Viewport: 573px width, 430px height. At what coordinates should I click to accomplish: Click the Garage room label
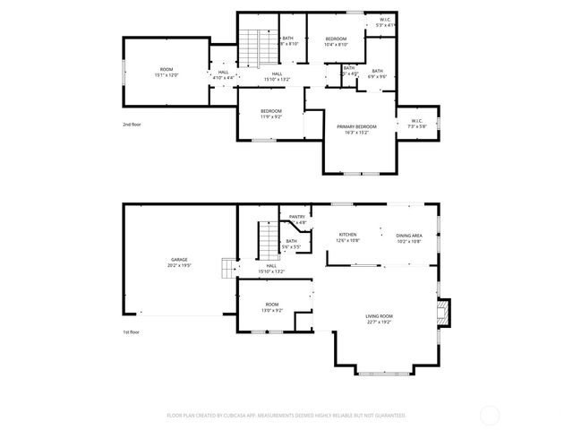(180, 262)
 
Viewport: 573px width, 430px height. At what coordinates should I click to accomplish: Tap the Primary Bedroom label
(356, 126)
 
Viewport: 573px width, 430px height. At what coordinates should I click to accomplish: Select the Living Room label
(379, 316)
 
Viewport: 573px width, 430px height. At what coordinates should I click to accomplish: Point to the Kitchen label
(347, 235)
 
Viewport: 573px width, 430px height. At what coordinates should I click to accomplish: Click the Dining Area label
(409, 235)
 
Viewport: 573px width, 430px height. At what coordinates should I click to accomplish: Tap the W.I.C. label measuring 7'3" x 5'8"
(417, 122)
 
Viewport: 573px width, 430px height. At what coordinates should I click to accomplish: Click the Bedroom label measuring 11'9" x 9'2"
(270, 111)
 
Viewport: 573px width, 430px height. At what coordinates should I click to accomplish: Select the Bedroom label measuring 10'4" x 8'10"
(336, 39)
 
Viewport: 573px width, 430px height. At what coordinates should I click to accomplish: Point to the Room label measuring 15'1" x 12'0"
(167, 70)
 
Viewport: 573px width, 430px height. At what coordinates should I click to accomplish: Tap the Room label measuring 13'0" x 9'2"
(271, 305)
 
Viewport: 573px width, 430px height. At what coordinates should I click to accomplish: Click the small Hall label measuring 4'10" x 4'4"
(223, 73)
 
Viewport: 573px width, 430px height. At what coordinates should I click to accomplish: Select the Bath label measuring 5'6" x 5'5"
(291, 241)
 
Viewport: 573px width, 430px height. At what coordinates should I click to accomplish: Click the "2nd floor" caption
(133, 125)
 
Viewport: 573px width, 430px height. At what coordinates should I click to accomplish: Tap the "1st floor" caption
(133, 332)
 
